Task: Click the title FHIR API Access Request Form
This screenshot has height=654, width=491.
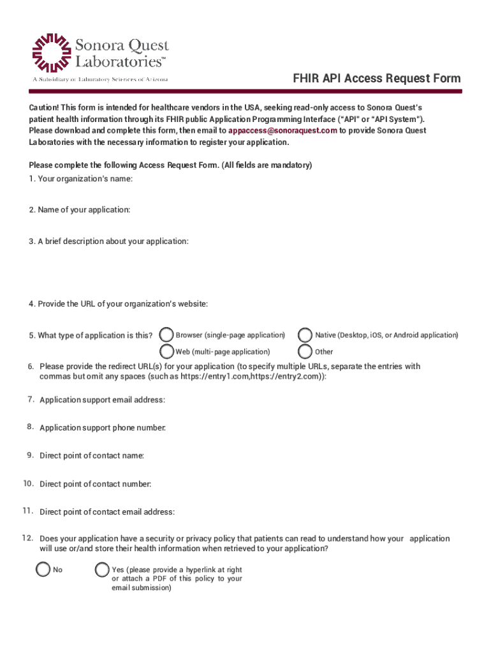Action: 376,79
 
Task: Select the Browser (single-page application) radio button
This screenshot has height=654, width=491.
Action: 166,335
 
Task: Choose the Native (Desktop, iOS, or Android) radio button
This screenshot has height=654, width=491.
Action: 305,335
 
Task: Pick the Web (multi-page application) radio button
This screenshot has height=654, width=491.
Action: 166,351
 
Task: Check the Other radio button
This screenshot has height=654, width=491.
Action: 305,351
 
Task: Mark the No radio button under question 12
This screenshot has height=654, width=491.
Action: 43,569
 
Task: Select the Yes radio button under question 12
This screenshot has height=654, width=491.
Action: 102,569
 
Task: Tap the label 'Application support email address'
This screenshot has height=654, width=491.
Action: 102,400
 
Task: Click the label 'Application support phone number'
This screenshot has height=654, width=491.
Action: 102,428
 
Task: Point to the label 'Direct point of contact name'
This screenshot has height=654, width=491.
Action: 92,456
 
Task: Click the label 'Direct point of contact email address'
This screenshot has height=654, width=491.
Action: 107,512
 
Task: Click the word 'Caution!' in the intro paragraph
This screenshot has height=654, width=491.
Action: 43,107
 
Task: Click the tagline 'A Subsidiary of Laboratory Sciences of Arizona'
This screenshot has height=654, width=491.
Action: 101,79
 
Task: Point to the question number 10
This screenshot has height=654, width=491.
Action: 28,483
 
